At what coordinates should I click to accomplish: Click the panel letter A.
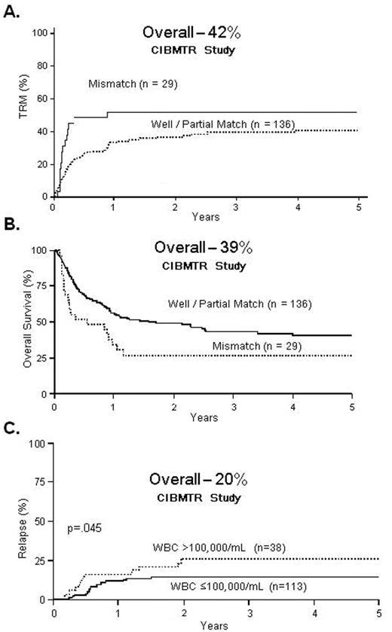(11, 13)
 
